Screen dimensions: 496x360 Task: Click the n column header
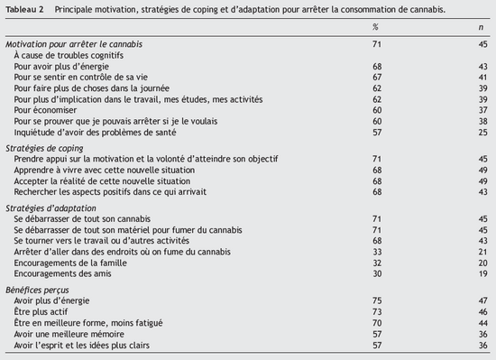click(x=481, y=27)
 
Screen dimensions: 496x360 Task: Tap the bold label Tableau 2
click(x=25, y=8)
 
